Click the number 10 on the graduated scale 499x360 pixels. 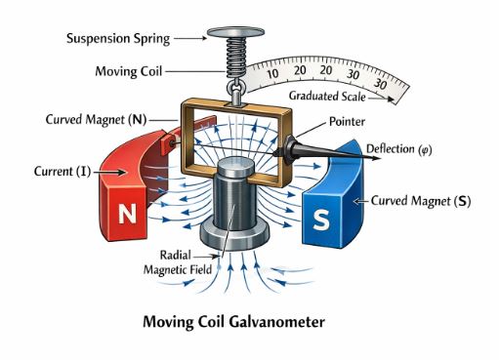tap(272, 74)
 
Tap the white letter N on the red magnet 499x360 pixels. tap(127, 213)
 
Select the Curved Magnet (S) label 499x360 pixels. tap(421, 200)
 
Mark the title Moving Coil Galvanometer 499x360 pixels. tap(249, 319)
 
